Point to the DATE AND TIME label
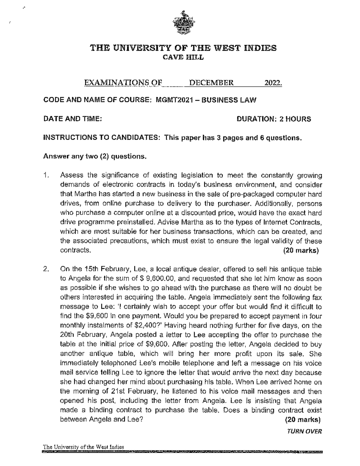click(73, 119)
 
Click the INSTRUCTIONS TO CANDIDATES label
click(101, 138)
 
